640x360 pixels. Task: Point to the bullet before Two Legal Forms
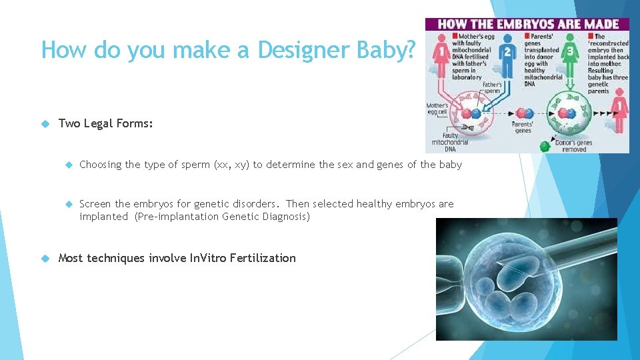(45, 123)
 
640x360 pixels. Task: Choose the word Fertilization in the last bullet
(262, 258)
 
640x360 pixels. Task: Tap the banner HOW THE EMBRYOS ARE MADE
(527, 24)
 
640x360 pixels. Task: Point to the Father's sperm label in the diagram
(492, 88)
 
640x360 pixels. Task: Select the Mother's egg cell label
(437, 109)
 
